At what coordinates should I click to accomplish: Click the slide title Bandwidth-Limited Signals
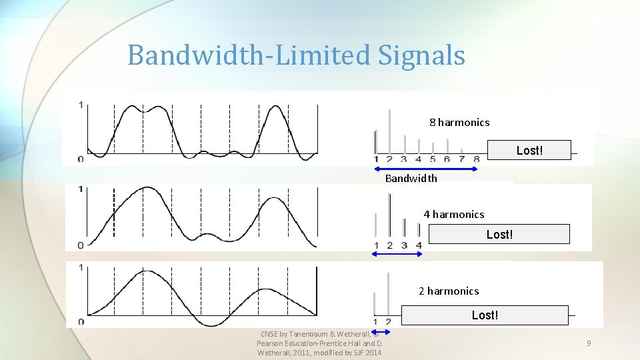pyautogui.click(x=296, y=55)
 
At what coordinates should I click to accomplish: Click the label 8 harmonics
pyautogui.click(x=459, y=122)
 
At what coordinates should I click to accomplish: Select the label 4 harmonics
pyautogui.click(x=454, y=214)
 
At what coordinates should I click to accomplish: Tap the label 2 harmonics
pyautogui.click(x=449, y=291)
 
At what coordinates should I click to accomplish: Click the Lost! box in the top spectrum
pyautogui.click(x=529, y=150)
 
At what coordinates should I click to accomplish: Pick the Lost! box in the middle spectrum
pyautogui.click(x=499, y=234)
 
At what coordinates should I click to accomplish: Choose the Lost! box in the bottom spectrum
pyautogui.click(x=485, y=315)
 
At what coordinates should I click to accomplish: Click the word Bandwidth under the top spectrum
pyautogui.click(x=411, y=178)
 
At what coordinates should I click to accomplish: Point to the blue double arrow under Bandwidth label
pyautogui.click(x=427, y=169)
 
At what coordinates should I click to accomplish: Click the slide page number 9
pyautogui.click(x=589, y=343)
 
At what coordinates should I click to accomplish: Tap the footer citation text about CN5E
pyautogui.click(x=319, y=343)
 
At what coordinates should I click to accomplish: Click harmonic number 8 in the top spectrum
pyautogui.click(x=476, y=159)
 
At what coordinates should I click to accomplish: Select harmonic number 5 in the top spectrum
pyautogui.click(x=433, y=159)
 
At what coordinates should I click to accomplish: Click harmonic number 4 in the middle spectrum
pyautogui.click(x=419, y=245)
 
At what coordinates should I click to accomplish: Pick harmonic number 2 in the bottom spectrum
pyautogui.click(x=388, y=323)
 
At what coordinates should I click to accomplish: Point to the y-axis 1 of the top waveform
pyautogui.click(x=81, y=105)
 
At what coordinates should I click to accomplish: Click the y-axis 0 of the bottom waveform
pyautogui.click(x=81, y=322)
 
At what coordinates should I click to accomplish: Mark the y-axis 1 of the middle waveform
pyautogui.click(x=81, y=189)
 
